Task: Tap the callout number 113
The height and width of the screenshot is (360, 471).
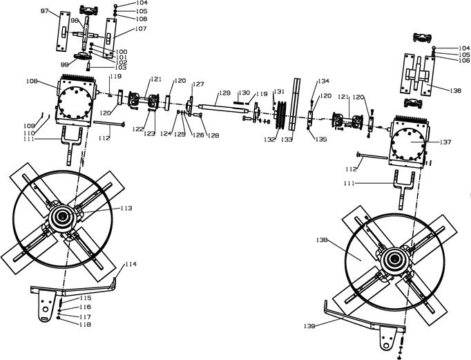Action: [126, 208]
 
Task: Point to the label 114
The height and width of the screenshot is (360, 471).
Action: [131, 265]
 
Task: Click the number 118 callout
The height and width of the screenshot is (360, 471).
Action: [85, 324]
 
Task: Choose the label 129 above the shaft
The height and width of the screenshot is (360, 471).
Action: [224, 92]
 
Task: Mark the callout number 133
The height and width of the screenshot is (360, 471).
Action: [287, 139]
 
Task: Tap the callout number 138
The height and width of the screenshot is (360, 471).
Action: [320, 240]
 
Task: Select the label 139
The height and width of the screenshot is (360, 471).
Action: [311, 325]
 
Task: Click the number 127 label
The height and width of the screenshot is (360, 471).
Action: [198, 84]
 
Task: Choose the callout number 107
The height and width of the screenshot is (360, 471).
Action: [140, 29]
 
